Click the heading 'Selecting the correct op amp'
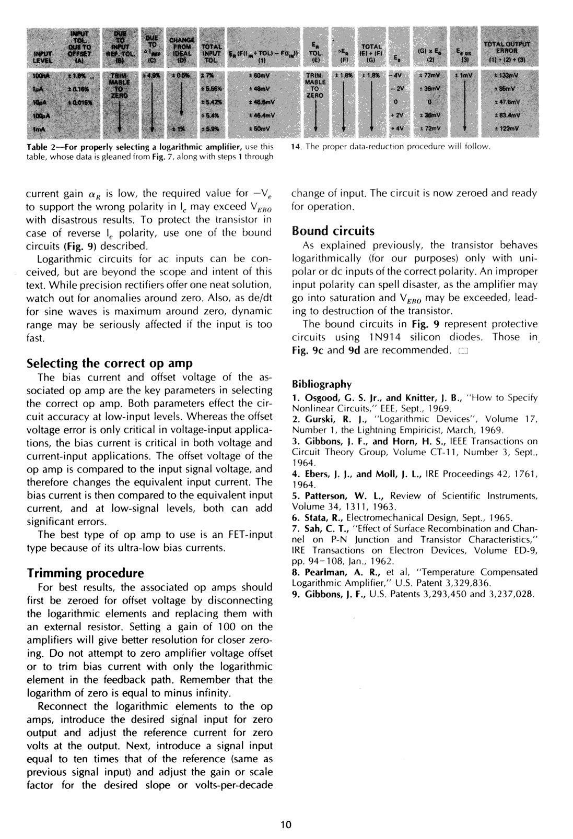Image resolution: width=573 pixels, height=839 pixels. pyautogui.click(x=110, y=363)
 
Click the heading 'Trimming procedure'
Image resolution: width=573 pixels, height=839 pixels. pyautogui.click(x=85, y=573)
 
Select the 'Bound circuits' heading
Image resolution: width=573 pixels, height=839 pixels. pyautogui.click(x=333, y=231)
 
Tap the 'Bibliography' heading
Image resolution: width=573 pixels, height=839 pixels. pyautogui.click(x=321, y=384)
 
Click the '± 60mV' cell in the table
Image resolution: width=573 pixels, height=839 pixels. pyautogui.click(x=259, y=77)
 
